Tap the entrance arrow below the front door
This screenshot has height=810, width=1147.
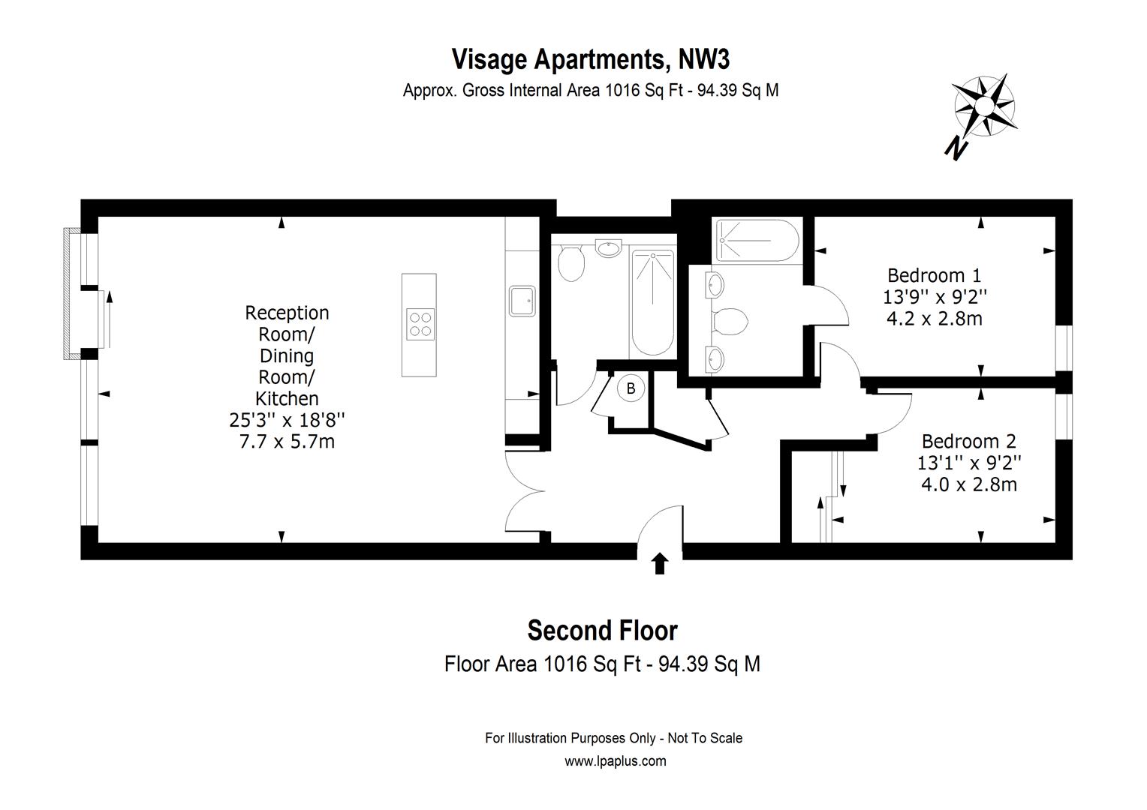[660, 563]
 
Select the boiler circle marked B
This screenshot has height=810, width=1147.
[631, 388]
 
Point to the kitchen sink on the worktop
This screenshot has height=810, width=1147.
[522, 300]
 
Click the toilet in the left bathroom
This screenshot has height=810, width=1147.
[572, 263]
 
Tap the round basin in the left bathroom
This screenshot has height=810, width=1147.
[607, 247]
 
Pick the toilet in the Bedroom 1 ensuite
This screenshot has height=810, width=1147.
[730, 322]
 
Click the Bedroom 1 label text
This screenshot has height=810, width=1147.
[934, 275]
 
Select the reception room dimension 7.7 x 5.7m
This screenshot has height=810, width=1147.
[287, 441]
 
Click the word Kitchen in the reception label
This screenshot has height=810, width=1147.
[287, 398]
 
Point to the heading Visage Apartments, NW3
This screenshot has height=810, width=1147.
[590, 58]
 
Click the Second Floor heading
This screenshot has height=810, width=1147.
[602, 631]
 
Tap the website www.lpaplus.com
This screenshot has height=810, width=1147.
[615, 761]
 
